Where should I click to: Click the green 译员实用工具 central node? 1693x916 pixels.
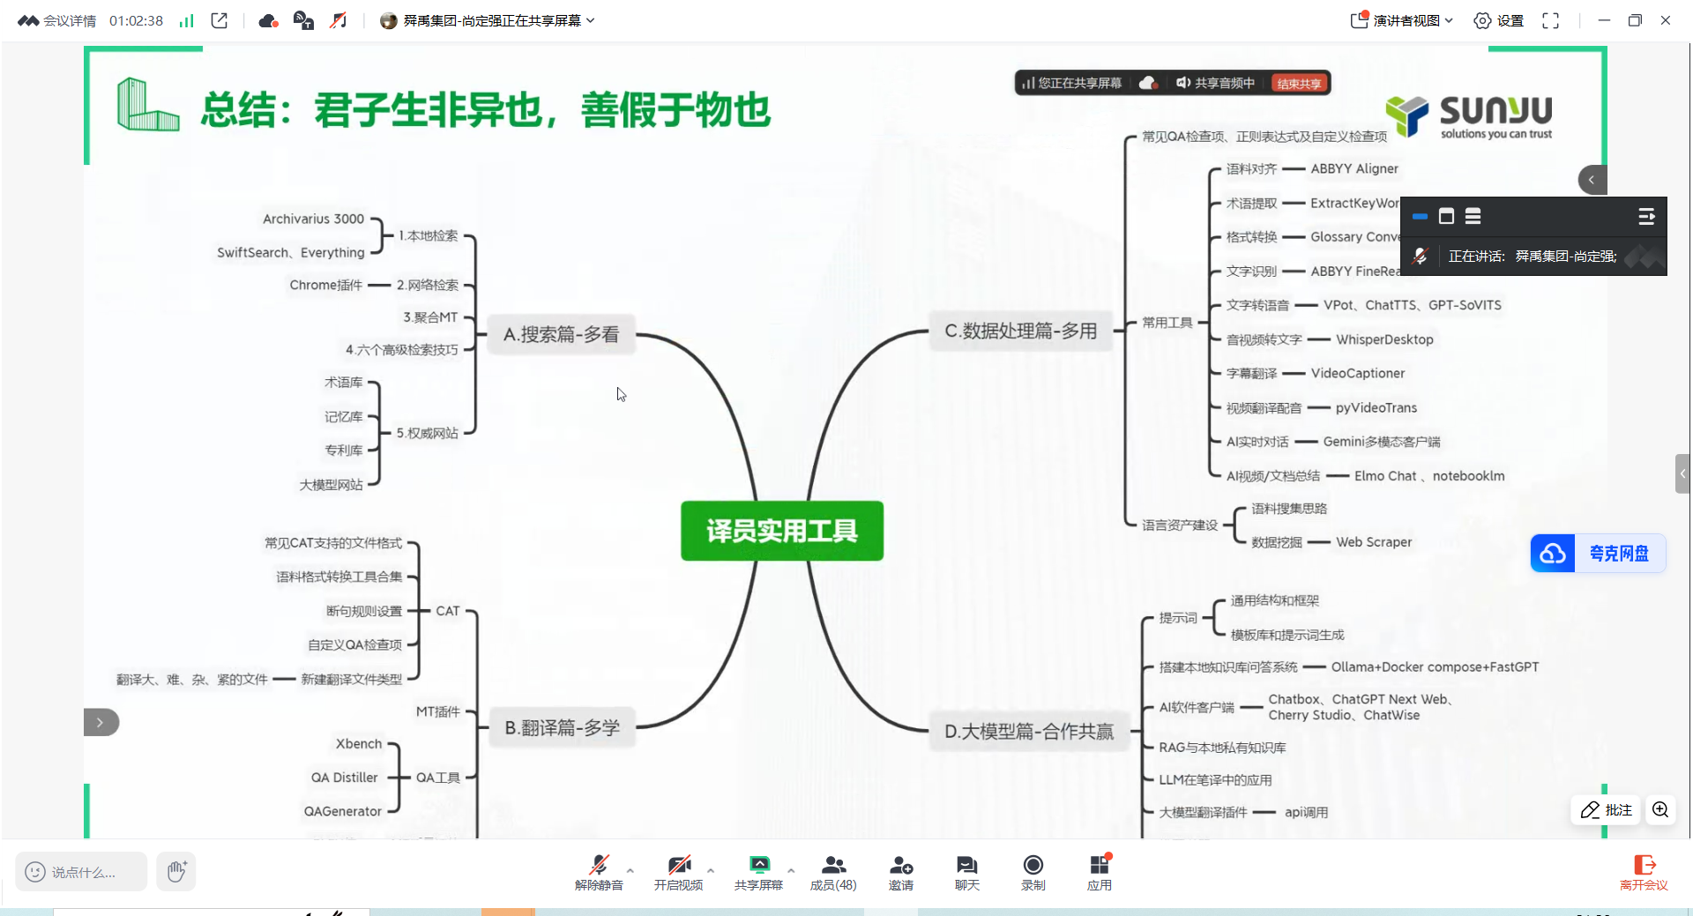coord(781,531)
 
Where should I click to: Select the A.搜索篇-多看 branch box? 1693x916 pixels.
coord(561,334)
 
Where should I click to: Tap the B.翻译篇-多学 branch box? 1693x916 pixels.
coord(562,727)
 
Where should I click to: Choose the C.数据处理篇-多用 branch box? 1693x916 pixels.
coord(1020,331)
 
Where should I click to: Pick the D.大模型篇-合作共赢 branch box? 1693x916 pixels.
coord(1028,731)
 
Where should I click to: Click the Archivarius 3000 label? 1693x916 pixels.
coord(313,219)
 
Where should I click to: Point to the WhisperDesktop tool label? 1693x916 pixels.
coord(1383,339)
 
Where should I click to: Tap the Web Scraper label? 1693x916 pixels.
coord(1373,542)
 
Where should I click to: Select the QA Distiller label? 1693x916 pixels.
coord(344,778)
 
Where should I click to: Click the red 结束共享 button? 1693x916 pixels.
coord(1299,84)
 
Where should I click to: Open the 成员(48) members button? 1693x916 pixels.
coord(832,872)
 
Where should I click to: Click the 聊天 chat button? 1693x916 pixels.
coord(966,872)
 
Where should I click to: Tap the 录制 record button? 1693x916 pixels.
coord(1033,872)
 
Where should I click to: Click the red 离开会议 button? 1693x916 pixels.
coord(1644,872)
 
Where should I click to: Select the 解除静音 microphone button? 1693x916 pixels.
coord(599,872)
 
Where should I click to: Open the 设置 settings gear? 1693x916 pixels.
coord(1498,20)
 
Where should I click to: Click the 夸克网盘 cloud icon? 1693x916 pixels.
coord(1553,554)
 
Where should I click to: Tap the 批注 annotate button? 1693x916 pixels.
coord(1606,809)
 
